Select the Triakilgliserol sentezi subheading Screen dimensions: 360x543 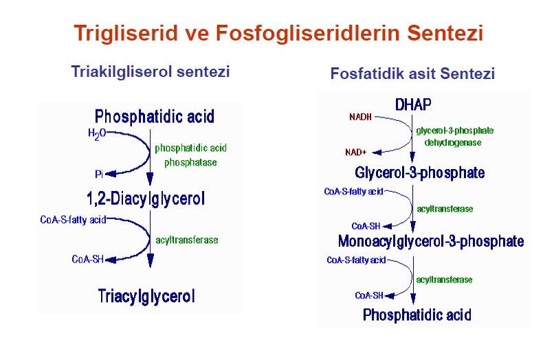coord(150,71)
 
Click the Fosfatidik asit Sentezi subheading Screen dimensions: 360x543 coord(412,74)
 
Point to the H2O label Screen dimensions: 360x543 coord(97,133)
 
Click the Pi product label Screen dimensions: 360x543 coord(99,174)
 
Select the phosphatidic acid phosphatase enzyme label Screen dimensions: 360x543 coord(190,155)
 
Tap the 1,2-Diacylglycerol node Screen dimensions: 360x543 coord(146,199)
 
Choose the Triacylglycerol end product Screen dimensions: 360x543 coord(146,296)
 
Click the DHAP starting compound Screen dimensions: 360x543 coord(412,105)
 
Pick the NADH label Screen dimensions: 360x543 coord(360,117)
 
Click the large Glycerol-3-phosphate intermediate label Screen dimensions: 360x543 coord(420,172)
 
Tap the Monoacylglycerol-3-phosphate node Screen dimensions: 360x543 coord(431,241)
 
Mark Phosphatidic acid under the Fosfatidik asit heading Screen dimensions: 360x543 coord(417,315)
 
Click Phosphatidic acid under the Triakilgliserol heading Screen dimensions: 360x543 coord(155,115)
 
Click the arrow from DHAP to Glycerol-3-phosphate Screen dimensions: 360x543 coord(412,137)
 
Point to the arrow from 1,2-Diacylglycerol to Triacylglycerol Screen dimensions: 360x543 coord(151,240)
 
